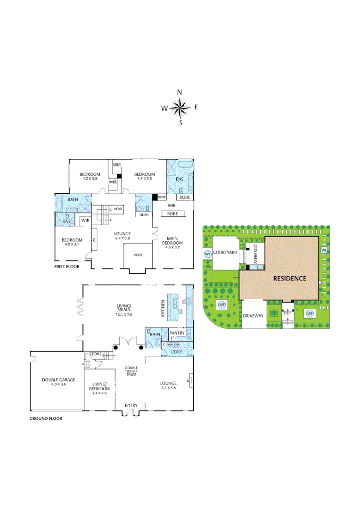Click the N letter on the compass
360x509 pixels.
tap(180, 92)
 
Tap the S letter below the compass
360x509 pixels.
tap(180, 123)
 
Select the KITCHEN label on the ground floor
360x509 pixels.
tap(164, 308)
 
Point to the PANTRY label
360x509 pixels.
tap(177, 333)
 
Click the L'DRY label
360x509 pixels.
tap(176, 352)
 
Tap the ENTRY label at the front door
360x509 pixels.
tap(131, 405)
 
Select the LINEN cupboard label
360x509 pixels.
tap(144, 215)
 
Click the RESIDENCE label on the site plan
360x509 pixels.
tap(290, 278)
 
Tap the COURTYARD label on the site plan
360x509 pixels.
tap(224, 253)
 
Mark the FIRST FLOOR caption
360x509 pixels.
tap(66, 267)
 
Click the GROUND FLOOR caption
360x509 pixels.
tap(46, 418)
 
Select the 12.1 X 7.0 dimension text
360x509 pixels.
tap(124, 314)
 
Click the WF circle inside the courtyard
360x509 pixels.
tap(207, 254)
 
